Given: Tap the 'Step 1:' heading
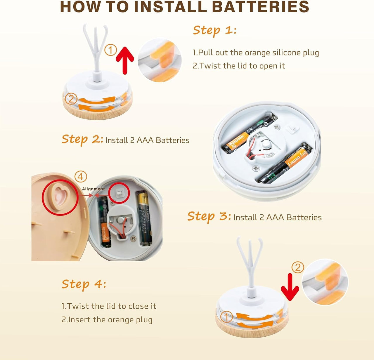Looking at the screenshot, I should pos(214,30).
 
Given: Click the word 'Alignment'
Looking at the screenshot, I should pos(93,189).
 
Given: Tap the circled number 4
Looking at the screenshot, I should pos(81,177).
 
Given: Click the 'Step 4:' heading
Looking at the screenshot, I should pos(84,284).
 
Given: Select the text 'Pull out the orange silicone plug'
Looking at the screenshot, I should pos(258,53).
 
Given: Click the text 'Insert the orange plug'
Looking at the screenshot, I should pos(110,320).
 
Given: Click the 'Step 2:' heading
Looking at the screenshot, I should pos(82,139).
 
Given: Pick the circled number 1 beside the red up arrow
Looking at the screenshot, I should pos(111,50).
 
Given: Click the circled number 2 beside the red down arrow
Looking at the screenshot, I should pos(298,267).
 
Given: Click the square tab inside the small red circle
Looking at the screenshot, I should pos(119,193).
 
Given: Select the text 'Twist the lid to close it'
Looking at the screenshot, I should pos(112,306).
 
